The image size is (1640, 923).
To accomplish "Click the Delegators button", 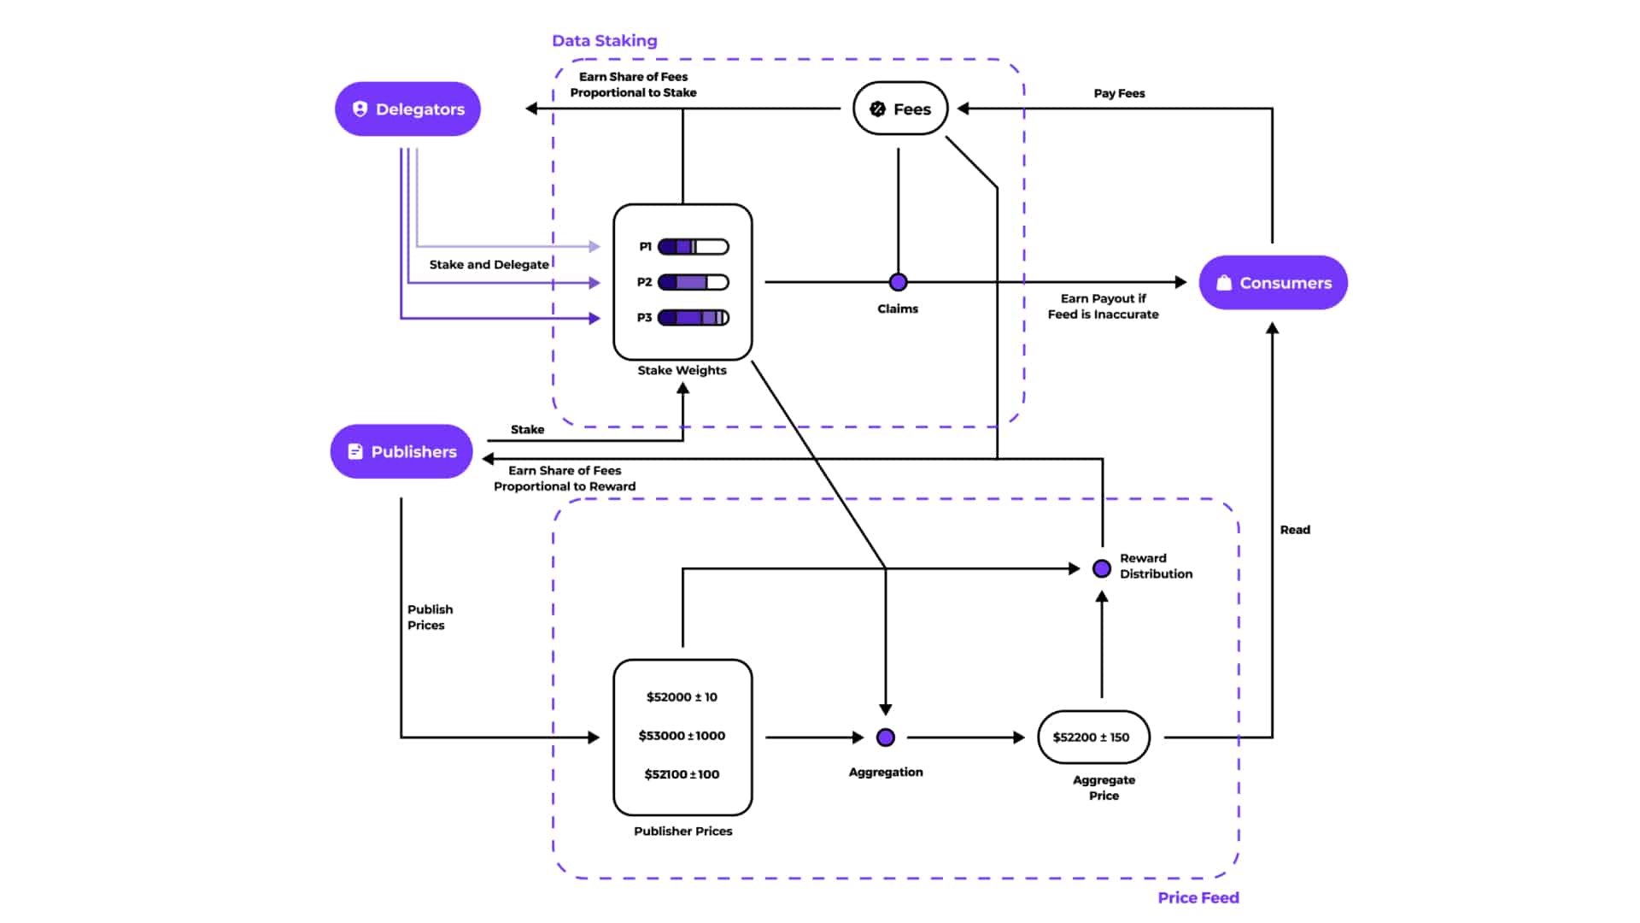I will (407, 109).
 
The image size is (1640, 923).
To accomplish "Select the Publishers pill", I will (401, 451).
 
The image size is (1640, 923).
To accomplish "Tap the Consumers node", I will (1273, 283).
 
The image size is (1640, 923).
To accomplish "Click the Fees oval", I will (900, 109).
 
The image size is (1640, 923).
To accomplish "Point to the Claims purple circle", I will (898, 282).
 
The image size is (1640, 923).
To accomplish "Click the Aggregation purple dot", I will (886, 737).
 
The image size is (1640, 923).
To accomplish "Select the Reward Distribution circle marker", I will (1102, 568).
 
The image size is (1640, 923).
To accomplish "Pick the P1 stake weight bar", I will (693, 247).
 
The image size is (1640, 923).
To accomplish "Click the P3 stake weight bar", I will (693, 318).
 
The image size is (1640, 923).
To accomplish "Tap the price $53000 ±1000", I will (682, 736).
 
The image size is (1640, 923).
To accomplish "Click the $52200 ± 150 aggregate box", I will (1093, 737).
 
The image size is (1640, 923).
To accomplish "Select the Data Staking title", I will (604, 41).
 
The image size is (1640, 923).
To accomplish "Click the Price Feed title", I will (1198, 897).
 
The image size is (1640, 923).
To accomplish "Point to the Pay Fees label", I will (1119, 93).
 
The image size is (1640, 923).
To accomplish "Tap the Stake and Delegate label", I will (489, 265).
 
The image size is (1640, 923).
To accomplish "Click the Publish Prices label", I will (429, 617).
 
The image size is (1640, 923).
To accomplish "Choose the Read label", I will (1295, 530).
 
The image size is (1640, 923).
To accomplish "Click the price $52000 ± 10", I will (682, 697).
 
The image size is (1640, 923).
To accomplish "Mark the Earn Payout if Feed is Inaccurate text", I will (1103, 306).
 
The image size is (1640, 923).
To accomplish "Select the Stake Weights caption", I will (682, 370).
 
